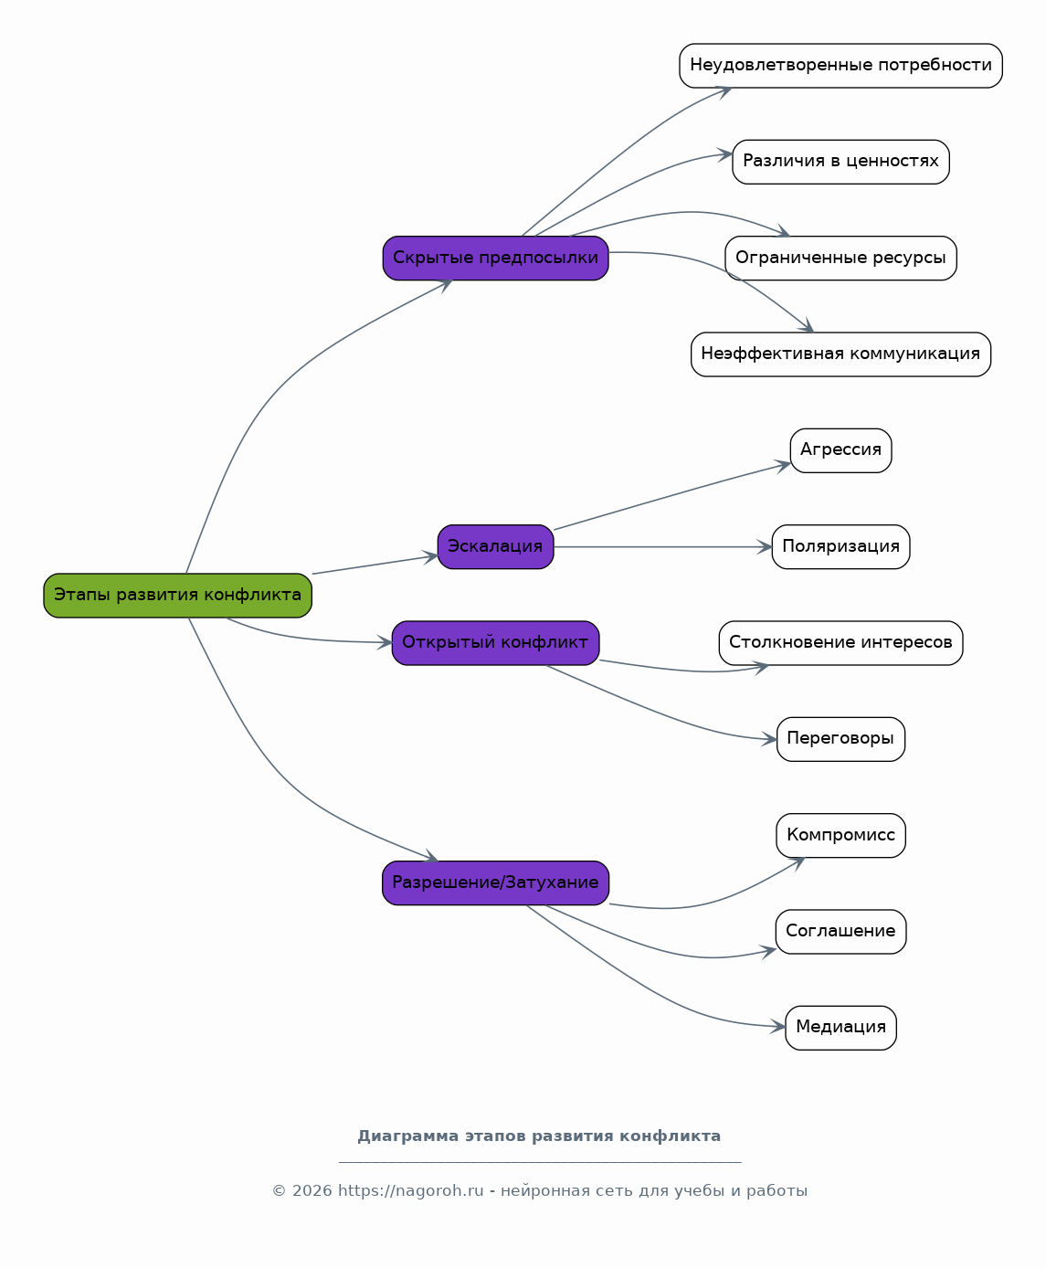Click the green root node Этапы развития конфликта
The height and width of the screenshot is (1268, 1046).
point(177,595)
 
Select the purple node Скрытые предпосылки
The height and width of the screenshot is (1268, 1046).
point(495,259)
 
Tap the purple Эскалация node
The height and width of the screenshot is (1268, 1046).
point(495,546)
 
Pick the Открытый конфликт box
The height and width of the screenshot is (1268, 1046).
point(495,642)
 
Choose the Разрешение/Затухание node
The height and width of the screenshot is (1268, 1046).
point(495,883)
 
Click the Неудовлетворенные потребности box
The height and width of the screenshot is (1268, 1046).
point(840,66)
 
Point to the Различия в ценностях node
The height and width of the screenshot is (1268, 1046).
point(840,162)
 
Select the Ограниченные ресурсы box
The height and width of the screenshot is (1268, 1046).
point(840,259)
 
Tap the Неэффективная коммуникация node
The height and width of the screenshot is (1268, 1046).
point(840,354)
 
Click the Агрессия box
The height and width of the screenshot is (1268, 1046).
point(840,450)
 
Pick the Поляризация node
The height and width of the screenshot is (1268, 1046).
point(840,546)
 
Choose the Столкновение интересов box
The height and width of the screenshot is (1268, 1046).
point(840,642)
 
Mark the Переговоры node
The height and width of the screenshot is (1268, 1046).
point(840,739)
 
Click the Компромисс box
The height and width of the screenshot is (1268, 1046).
point(840,835)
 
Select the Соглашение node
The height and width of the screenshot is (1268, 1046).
point(840,932)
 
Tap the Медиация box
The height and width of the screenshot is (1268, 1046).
point(840,1028)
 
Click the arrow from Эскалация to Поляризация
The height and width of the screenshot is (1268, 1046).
point(662,546)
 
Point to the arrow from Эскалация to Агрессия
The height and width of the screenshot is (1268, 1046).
point(671,496)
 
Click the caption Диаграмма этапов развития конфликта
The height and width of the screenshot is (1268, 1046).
point(539,1136)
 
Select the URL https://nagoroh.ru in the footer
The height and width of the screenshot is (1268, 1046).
point(410,1190)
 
